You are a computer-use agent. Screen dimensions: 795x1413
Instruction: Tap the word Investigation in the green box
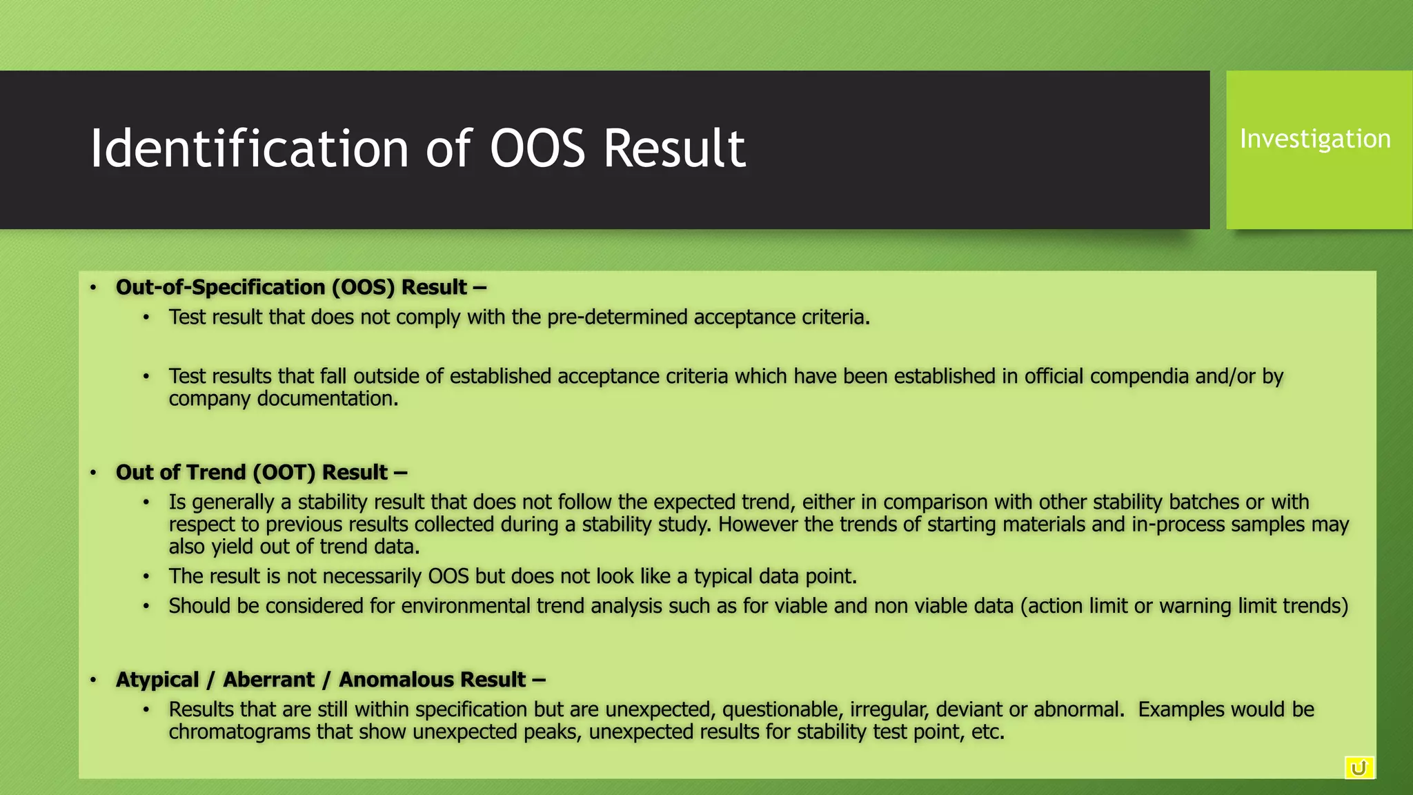[x=1315, y=139]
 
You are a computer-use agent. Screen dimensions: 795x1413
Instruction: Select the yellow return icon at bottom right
[x=1358, y=768]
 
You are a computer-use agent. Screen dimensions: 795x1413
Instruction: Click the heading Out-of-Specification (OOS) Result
[x=301, y=287]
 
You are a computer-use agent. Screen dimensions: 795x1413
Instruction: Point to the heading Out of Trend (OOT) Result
[x=261, y=472]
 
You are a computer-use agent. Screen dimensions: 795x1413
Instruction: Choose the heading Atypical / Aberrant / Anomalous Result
[x=330, y=680]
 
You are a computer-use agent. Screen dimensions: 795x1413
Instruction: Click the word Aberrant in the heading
[x=268, y=680]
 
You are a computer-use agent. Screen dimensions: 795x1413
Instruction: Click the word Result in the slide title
[x=674, y=148]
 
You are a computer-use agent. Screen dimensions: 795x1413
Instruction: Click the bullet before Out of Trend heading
[x=93, y=473]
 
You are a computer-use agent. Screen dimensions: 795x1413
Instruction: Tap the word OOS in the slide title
[x=537, y=148]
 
